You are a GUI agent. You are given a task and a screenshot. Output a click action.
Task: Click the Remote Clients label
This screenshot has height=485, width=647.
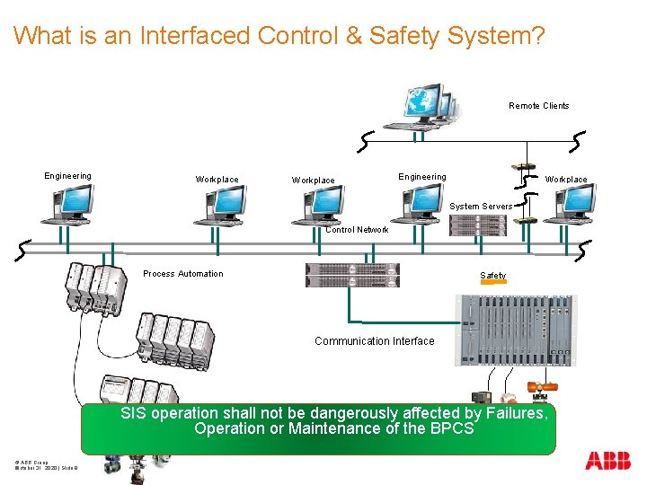coord(538,106)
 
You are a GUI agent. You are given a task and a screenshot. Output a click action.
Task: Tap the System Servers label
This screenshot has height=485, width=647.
coord(481,207)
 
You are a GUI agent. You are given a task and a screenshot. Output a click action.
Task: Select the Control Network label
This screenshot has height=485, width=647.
coord(357,230)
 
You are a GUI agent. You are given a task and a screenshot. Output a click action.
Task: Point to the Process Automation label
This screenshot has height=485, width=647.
coord(183,274)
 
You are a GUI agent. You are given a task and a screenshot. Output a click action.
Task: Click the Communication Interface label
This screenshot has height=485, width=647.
coord(374,341)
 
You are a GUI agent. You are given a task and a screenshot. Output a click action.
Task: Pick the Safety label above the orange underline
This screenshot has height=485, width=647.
coord(492,276)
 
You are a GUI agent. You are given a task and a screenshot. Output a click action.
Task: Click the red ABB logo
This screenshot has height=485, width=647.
coord(607,462)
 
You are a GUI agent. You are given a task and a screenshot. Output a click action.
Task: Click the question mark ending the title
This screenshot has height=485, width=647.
coord(536,36)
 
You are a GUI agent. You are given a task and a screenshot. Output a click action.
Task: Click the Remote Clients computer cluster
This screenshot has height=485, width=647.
coord(422,108)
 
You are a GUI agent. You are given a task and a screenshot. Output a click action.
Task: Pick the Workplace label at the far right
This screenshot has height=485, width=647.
coord(566,180)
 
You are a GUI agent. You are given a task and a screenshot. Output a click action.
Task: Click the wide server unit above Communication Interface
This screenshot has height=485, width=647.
coord(352,275)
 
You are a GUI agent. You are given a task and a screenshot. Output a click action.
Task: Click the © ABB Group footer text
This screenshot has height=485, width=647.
coord(32,461)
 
